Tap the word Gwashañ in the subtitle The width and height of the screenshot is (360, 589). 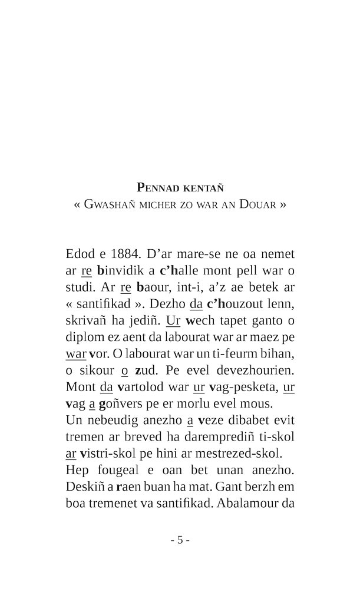[x=111, y=205]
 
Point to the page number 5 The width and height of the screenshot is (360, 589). [x=180, y=540]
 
